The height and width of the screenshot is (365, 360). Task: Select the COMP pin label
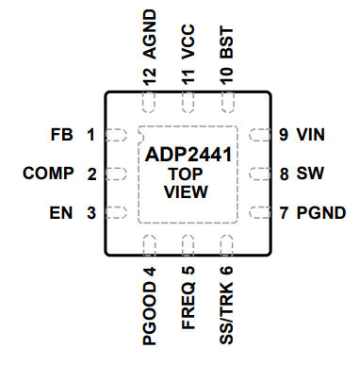(x=46, y=174)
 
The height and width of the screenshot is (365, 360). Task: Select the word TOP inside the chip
(x=186, y=174)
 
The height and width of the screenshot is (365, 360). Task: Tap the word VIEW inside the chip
(x=186, y=192)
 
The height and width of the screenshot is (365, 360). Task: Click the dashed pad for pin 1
(x=115, y=135)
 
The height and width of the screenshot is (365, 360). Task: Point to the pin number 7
(x=283, y=212)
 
